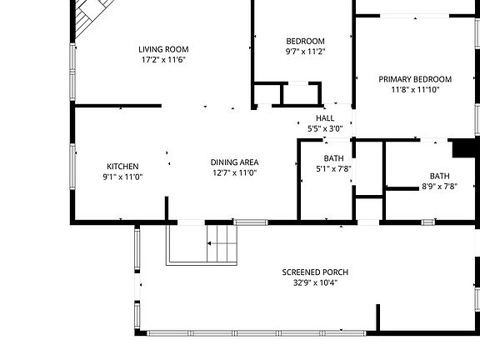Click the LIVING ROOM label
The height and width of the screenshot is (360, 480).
coord(162,49)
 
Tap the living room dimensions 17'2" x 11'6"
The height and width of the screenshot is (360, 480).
coord(162,60)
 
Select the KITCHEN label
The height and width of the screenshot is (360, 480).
coord(122,166)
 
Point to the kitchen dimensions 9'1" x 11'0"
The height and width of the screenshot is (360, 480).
coord(122,177)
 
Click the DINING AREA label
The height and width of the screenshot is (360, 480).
coord(234,162)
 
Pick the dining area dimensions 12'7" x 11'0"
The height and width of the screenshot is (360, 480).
coord(234,172)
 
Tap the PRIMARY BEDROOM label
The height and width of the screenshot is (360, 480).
coord(415,79)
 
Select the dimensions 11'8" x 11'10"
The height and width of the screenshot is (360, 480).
coord(415,90)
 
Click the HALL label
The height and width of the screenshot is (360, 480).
coord(325,118)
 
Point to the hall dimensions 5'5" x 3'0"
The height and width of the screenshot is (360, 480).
coord(325,128)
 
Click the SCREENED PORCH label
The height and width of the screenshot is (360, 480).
coord(315,272)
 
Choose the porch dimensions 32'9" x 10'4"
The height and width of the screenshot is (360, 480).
coord(315,282)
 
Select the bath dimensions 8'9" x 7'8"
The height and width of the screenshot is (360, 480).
coord(439,187)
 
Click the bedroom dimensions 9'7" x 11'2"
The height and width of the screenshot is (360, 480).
coord(305,52)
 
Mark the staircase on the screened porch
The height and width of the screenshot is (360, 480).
coord(222,244)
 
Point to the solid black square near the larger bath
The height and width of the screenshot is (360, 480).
coord(461,148)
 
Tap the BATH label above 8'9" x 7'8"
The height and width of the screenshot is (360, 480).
coord(439,176)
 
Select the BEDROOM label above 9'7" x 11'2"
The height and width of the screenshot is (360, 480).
coord(305,41)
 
